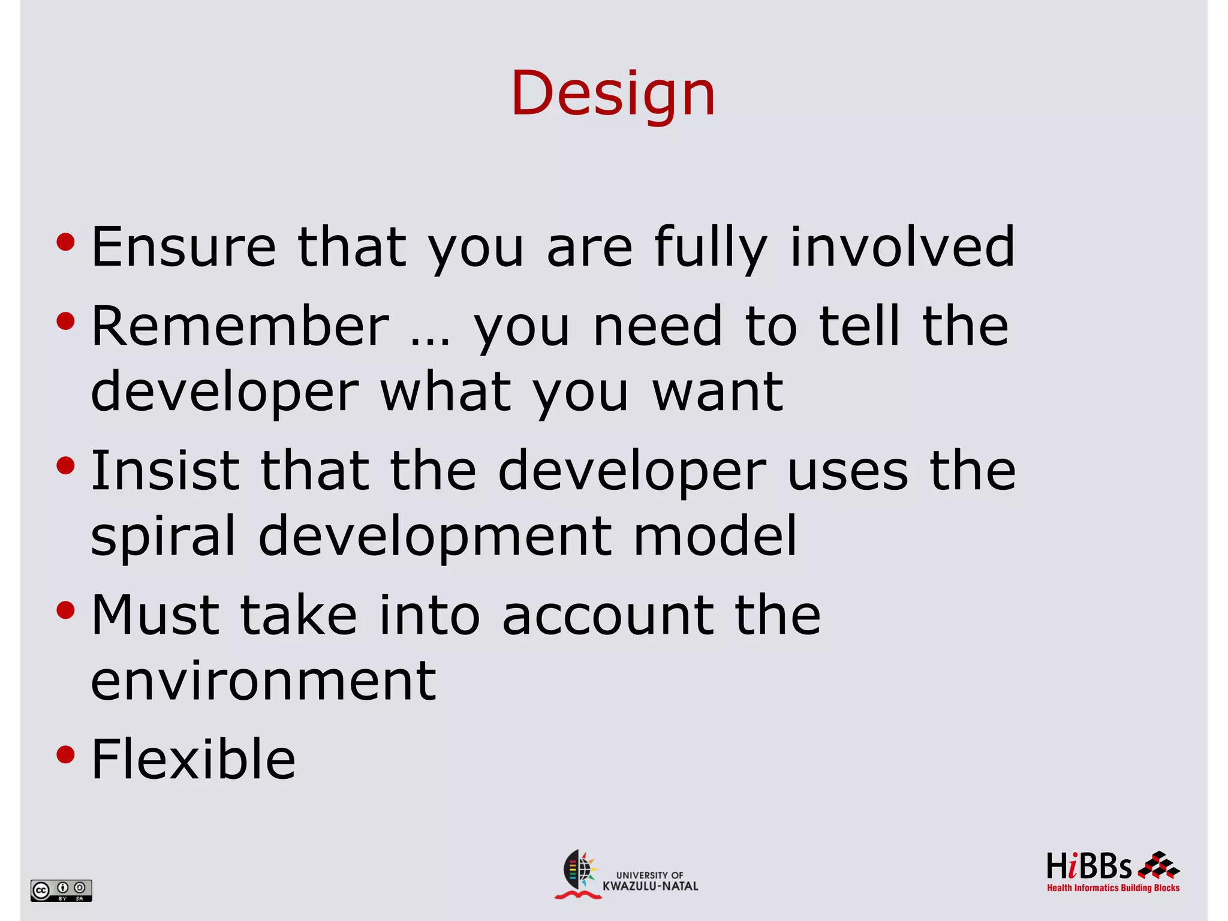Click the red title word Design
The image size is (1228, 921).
pyautogui.click(x=613, y=94)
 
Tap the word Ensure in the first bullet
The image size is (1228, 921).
pyautogui.click(x=183, y=247)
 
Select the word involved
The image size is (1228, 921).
pyautogui.click(x=902, y=247)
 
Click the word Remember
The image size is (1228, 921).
pyautogui.click(x=240, y=326)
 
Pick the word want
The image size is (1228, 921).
pyautogui.click(x=718, y=393)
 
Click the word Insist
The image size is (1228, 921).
pyautogui.click(x=165, y=471)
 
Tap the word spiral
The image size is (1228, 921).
pyautogui.click(x=163, y=537)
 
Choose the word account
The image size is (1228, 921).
pyautogui.click(x=607, y=616)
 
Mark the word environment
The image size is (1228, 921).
pyautogui.click(x=263, y=681)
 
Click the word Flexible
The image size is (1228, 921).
pyautogui.click(x=193, y=760)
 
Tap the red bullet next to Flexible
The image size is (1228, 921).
pyautogui.click(x=65, y=754)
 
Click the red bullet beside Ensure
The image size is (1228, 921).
pyautogui.click(x=65, y=242)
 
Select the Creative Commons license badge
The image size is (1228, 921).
pyautogui.click(x=61, y=890)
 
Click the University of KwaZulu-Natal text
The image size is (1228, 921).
pyautogui.click(x=650, y=881)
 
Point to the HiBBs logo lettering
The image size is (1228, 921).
pyautogui.click(x=1088, y=866)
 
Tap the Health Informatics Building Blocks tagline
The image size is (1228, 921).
pyautogui.click(x=1113, y=888)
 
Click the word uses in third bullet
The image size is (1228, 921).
pyautogui.click(x=847, y=472)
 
